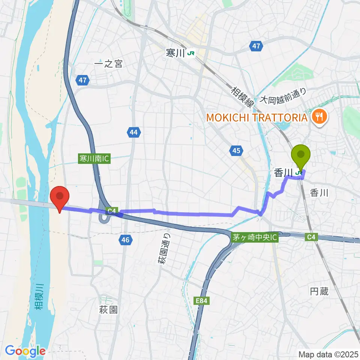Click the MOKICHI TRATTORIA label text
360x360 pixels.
point(256,118)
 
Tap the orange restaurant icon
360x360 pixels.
point(319,117)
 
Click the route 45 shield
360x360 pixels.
point(236,151)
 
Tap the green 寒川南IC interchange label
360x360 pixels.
point(94,158)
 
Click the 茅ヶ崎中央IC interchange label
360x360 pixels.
point(255,238)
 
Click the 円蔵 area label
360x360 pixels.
point(319,291)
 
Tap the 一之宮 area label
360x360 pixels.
point(108,64)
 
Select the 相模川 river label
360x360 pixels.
point(39,296)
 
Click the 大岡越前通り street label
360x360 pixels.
point(283,96)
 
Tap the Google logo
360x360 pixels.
point(25,351)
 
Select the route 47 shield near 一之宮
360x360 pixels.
point(83,79)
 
